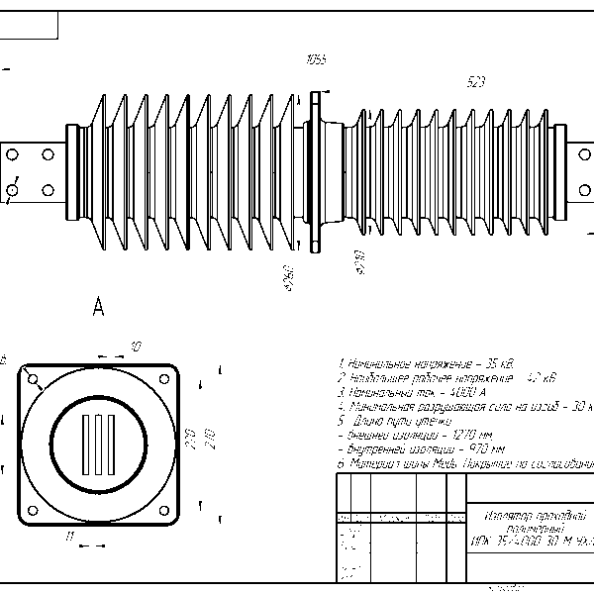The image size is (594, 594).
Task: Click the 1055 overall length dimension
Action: click(x=317, y=60)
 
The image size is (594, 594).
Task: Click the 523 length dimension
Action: click(x=476, y=84)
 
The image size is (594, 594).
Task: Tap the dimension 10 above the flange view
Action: click(x=137, y=346)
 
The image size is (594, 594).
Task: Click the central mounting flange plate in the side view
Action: click(x=316, y=171)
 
